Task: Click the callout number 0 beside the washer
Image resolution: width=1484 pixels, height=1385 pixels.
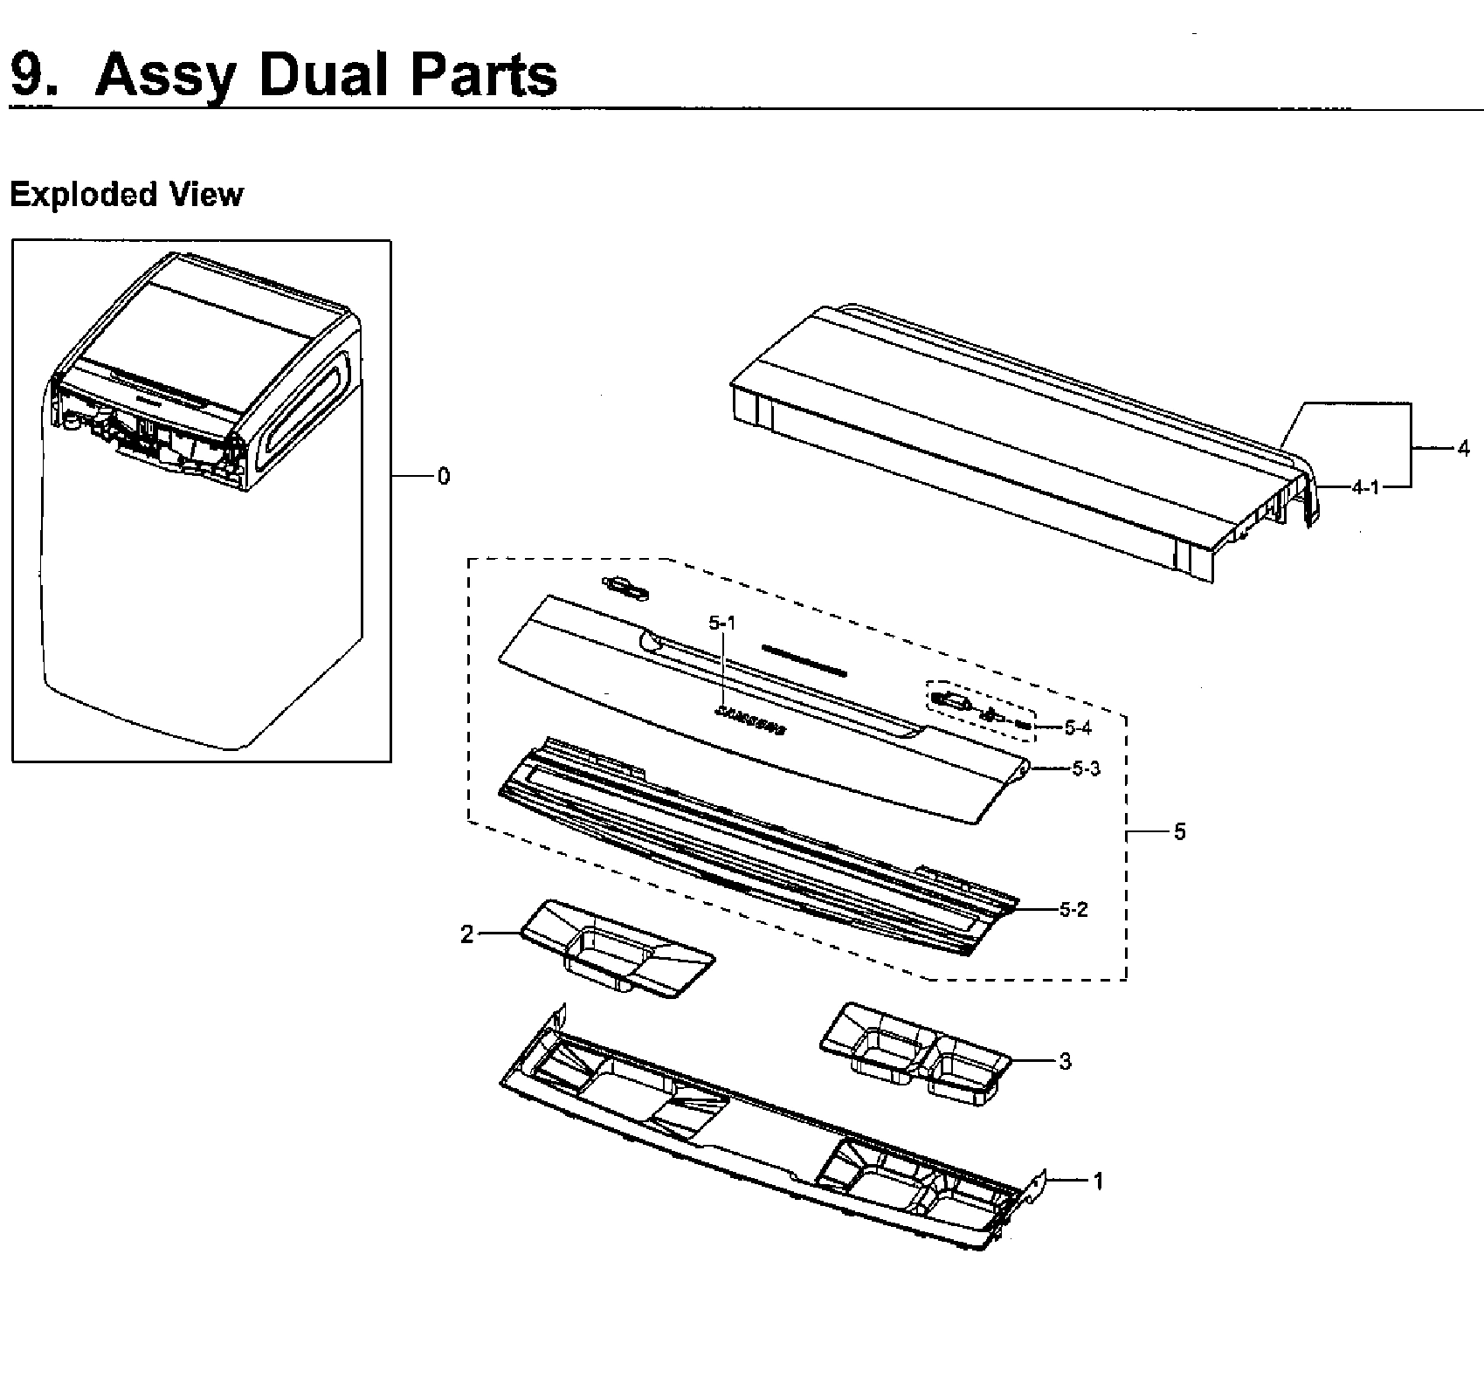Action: point(444,477)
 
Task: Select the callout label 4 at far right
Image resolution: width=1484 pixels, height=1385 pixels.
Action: point(1463,449)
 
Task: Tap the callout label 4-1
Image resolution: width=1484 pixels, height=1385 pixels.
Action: point(1365,487)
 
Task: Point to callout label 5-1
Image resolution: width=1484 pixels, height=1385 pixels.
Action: point(722,623)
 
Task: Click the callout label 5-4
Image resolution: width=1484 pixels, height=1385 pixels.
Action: point(1078,727)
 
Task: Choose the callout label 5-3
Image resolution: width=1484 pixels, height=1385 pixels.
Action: point(1086,769)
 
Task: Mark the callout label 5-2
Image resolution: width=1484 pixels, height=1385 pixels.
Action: point(1073,910)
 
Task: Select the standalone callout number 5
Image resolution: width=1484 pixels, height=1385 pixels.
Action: point(1179,832)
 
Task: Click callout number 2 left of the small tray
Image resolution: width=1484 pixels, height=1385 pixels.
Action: point(467,934)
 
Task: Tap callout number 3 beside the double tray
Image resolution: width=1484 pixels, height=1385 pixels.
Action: point(1064,1061)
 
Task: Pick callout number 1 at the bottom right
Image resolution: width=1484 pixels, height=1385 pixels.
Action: point(1098,1181)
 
